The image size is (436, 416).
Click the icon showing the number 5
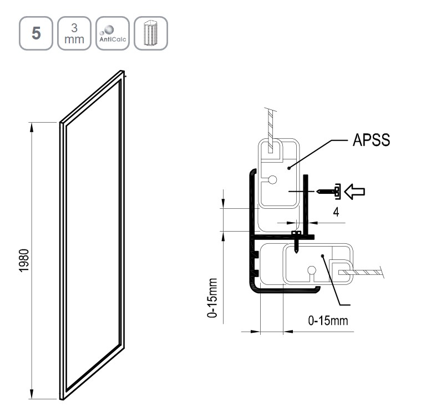[x=36, y=33]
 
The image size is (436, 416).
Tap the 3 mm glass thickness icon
[x=74, y=33]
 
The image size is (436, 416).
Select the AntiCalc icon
[x=113, y=33]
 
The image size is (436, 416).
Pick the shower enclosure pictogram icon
[x=151, y=33]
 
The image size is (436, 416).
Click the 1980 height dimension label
[x=24, y=260]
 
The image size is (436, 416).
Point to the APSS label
[x=371, y=140]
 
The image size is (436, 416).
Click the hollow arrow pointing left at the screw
[x=354, y=192]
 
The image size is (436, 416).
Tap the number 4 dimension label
[x=336, y=212]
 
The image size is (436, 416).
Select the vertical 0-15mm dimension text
[x=212, y=298]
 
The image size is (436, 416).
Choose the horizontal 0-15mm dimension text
[x=328, y=321]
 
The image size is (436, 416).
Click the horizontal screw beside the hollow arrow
[x=329, y=192]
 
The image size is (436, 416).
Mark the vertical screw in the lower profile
[x=296, y=242]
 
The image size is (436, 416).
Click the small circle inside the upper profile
[x=272, y=180]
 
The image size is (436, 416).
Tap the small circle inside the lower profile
[x=312, y=270]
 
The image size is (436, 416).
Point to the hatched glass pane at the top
[x=270, y=131]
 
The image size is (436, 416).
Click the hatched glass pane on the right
[x=361, y=272]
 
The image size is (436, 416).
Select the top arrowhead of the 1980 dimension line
[x=32, y=128]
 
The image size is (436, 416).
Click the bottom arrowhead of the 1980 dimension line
[x=32, y=394]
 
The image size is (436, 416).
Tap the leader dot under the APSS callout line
[x=289, y=168]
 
